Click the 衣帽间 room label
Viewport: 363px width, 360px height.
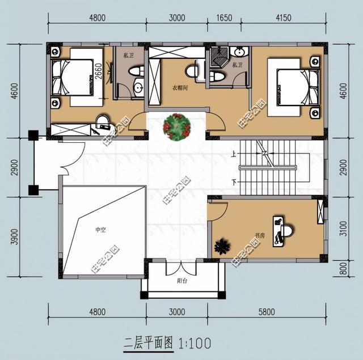point(180,87)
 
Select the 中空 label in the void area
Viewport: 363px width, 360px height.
point(100,230)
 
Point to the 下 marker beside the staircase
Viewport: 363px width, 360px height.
point(233,183)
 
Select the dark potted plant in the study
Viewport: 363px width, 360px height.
point(222,247)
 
